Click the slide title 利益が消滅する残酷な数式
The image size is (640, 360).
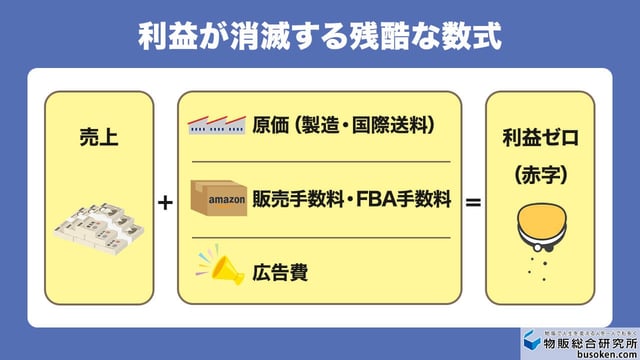point(319,36)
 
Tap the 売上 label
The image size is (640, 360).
point(99,137)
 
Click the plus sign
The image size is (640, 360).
point(166,202)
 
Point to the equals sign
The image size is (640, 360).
point(473,202)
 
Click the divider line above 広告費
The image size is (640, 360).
point(320,237)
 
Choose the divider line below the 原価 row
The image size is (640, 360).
point(320,161)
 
